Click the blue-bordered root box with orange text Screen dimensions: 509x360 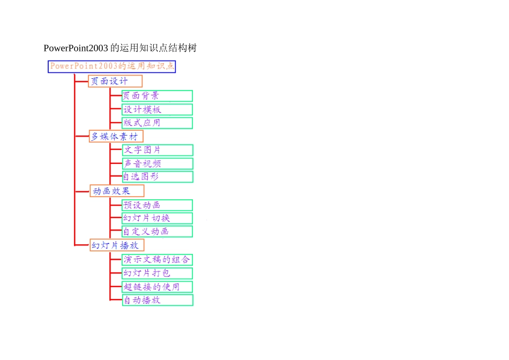111,66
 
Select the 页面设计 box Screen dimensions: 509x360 115,81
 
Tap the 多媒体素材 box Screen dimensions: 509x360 116,136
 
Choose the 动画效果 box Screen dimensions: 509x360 117,191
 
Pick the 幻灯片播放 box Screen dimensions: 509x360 117,245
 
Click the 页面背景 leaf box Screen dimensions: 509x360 158,96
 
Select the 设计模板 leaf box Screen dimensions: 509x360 158,109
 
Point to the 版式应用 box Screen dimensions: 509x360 158,123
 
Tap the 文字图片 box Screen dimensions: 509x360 158,150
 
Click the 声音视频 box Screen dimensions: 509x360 158,163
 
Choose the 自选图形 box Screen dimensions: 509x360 158,177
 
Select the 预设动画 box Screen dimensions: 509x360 158,205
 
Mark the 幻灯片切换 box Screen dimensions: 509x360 158,218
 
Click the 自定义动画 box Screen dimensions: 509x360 158,231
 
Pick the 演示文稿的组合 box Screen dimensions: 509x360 158,260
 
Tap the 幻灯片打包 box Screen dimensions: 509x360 158,273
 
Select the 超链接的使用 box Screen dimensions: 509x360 158,287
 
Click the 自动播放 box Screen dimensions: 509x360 158,300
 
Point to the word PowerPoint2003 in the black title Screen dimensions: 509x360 76,48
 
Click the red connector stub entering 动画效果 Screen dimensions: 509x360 82,191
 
